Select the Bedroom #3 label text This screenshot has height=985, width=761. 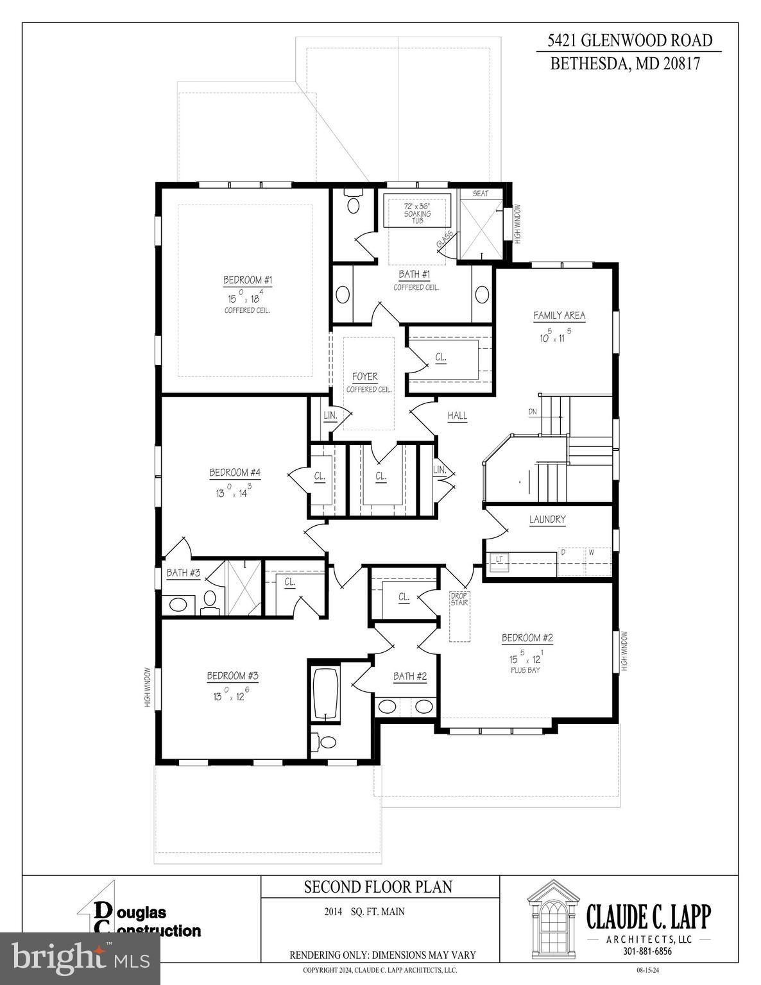(x=232, y=676)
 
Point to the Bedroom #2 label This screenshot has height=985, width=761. (x=527, y=638)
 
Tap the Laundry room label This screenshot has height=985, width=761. (x=547, y=519)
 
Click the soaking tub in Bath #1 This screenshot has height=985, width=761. (x=418, y=210)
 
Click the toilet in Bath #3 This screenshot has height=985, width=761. (x=209, y=600)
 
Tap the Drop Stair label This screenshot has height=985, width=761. (x=459, y=599)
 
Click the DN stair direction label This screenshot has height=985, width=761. (x=533, y=412)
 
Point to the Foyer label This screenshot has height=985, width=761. (x=365, y=377)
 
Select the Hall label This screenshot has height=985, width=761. (x=457, y=416)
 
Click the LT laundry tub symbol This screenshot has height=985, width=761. (x=499, y=560)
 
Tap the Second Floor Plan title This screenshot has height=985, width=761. (x=378, y=887)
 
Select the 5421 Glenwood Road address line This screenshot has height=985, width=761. (x=629, y=41)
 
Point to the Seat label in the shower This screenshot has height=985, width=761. (x=480, y=194)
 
